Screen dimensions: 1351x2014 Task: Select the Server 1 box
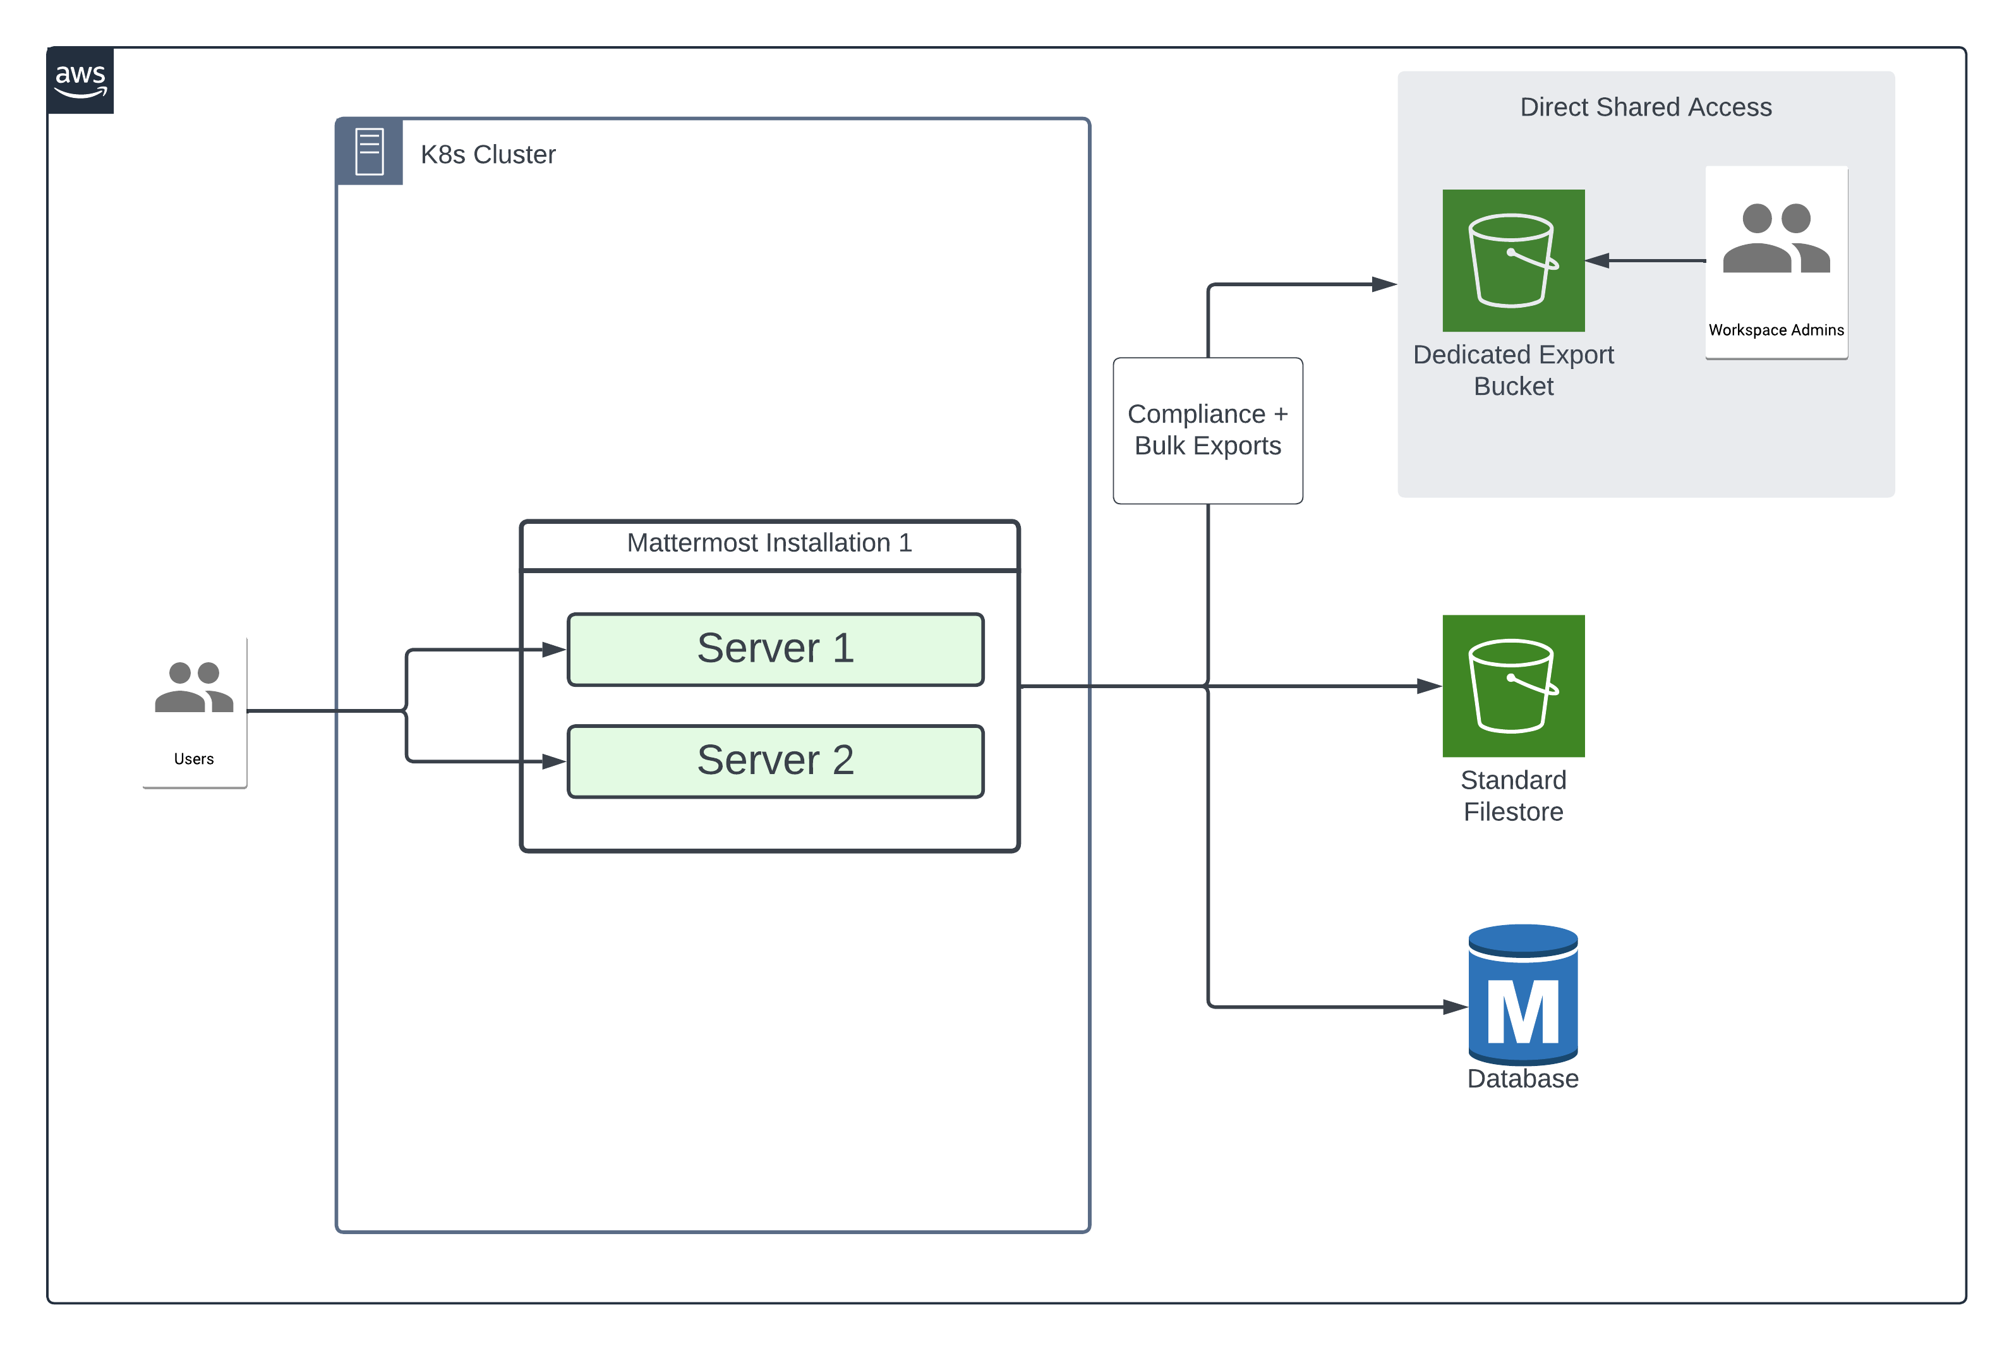tap(775, 649)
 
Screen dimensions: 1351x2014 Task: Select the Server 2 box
tap(775, 761)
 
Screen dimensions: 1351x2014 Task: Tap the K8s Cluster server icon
tap(370, 152)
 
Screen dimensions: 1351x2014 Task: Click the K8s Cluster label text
tap(488, 154)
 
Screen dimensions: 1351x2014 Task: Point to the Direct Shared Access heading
tap(1644, 107)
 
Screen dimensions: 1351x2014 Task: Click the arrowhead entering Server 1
tap(554, 650)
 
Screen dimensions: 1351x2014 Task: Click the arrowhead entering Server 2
tap(554, 761)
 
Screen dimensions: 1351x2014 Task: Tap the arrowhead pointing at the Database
tap(1455, 1007)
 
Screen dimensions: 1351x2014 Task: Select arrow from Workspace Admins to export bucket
tap(1644, 260)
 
